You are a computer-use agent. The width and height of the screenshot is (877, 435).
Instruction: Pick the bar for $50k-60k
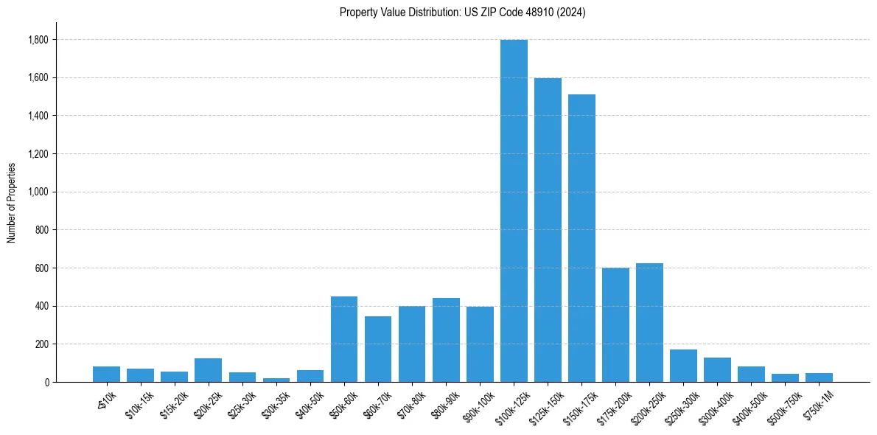tap(344, 339)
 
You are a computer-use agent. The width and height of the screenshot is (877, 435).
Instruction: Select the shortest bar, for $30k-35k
tap(276, 380)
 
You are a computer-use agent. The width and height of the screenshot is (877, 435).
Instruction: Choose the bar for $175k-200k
tap(615, 325)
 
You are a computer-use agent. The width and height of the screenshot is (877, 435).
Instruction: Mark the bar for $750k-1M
tap(819, 377)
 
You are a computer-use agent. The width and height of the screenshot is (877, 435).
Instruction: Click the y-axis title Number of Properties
tap(11, 203)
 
